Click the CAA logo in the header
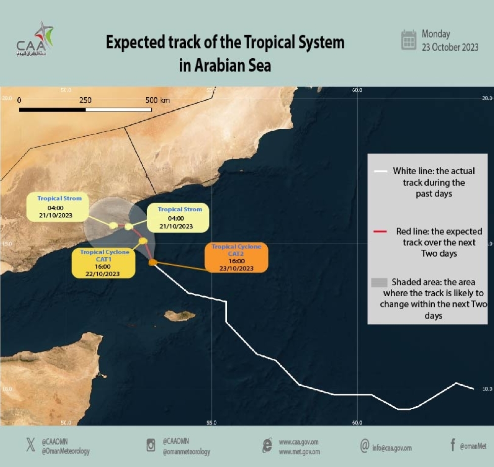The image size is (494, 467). pyautogui.click(x=35, y=39)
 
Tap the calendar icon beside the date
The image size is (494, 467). pyautogui.click(x=409, y=39)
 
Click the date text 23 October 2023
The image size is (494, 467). pyautogui.click(x=450, y=48)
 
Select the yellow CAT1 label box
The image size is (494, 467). pyautogui.click(x=105, y=263)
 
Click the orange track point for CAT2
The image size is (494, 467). pyautogui.click(x=153, y=263)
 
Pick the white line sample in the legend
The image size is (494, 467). pyautogui.click(x=380, y=171)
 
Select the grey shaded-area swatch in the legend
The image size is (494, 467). pyautogui.click(x=379, y=282)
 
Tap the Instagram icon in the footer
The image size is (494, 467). pyautogui.click(x=151, y=445)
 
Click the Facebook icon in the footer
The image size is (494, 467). pyautogui.click(x=452, y=445)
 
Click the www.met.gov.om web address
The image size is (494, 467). pyautogui.click(x=299, y=452)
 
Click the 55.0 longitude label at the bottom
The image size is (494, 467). pyautogui.click(x=211, y=423)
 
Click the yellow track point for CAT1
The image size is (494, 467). pyautogui.click(x=143, y=241)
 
